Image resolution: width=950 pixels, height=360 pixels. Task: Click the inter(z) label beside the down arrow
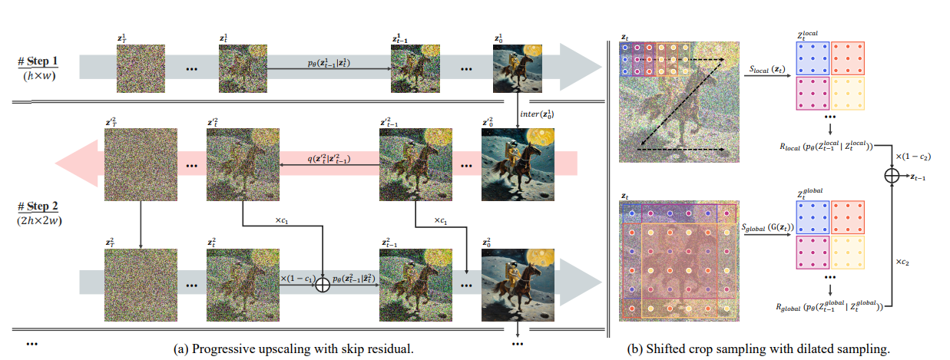[x=537, y=114]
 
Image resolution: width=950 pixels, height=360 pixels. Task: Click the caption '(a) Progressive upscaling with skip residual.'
[x=295, y=348]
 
